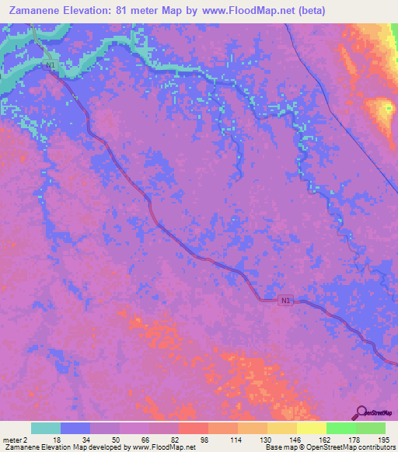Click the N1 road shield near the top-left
51,67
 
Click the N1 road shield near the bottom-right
287,300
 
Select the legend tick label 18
57,440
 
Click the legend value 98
204,440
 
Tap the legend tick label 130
264,440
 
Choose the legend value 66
145,440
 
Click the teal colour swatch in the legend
45,428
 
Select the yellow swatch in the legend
311,428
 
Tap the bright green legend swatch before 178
340,428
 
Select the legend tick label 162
323,440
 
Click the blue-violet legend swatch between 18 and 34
75,428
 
